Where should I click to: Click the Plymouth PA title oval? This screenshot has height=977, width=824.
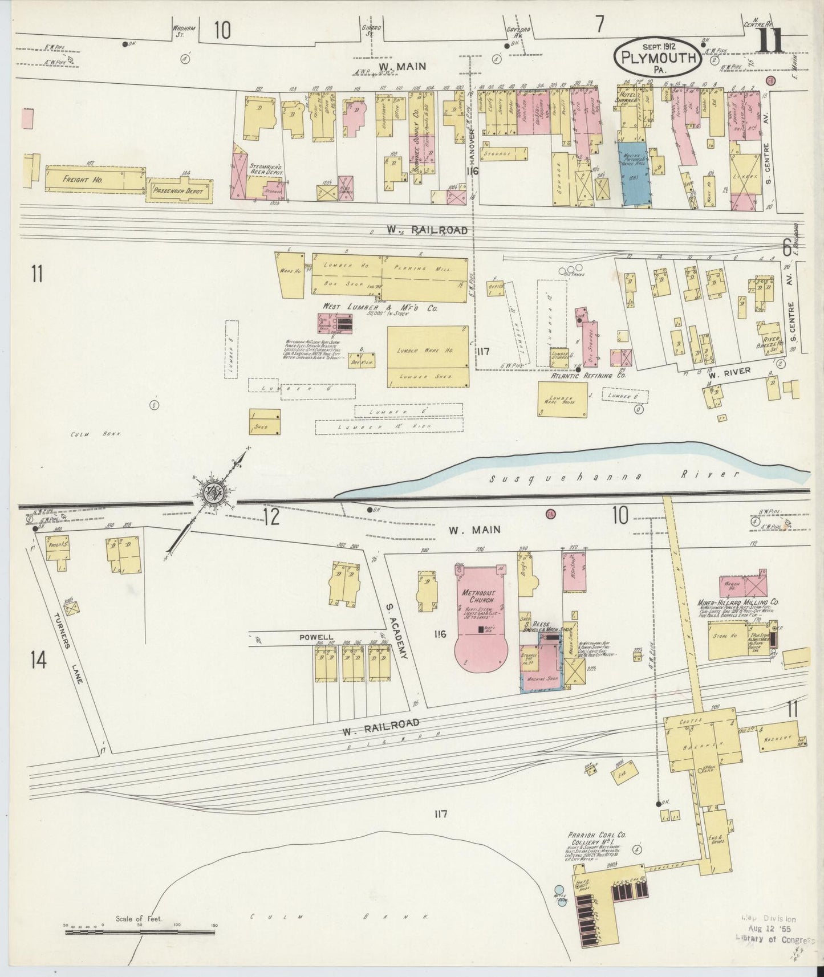tap(658, 58)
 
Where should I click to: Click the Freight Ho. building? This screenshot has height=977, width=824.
tap(95, 180)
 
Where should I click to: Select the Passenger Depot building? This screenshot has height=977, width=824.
tap(180, 192)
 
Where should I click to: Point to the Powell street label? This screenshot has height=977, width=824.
tap(316, 637)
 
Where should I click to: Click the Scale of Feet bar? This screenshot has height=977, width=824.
tap(140, 933)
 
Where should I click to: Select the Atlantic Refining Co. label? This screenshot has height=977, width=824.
tap(579, 376)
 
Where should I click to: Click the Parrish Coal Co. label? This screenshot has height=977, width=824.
tap(596, 834)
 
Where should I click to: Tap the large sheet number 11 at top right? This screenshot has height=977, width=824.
tap(769, 42)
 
